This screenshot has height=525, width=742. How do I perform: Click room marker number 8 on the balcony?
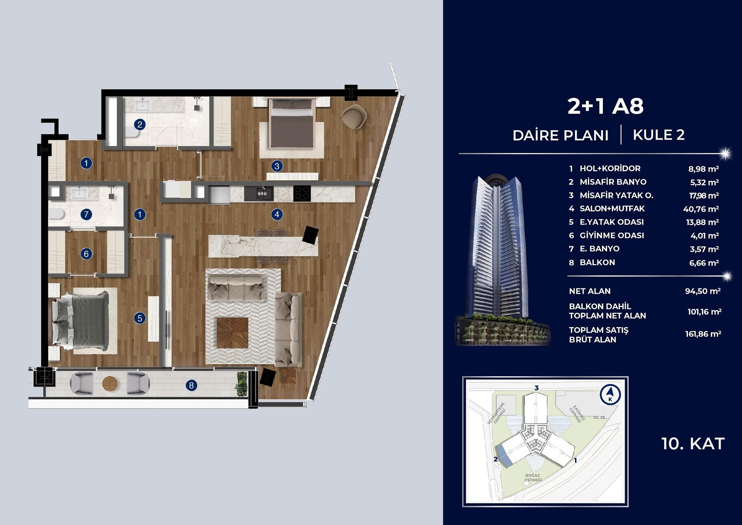[x=191, y=385]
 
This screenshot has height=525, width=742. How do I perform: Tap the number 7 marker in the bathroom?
[x=86, y=214]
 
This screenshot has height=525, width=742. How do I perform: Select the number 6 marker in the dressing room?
[x=86, y=254]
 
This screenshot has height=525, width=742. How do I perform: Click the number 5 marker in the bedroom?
[x=140, y=318]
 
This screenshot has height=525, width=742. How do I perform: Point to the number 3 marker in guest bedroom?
[x=277, y=166]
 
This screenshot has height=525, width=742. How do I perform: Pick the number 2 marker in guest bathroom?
[x=140, y=124]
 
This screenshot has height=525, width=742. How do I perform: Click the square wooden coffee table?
[x=232, y=332]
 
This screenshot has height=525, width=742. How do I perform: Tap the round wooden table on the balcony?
[x=110, y=384]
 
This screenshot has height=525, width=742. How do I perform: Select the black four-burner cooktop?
[x=302, y=193]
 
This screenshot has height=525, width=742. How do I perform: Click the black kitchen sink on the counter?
[x=259, y=193]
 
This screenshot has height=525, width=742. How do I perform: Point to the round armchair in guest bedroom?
[x=354, y=117]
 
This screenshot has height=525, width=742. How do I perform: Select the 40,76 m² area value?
[x=701, y=209]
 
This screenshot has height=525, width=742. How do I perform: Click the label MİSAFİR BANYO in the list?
[x=613, y=182]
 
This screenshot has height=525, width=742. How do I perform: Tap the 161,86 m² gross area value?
[x=703, y=334]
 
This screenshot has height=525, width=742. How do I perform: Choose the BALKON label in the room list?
[x=597, y=262]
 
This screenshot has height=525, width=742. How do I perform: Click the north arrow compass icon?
[x=610, y=395]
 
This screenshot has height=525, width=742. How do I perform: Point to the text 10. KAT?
[x=693, y=444]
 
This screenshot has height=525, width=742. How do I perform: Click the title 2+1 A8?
[x=605, y=106]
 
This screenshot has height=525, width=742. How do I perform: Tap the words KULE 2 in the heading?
[x=659, y=135]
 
